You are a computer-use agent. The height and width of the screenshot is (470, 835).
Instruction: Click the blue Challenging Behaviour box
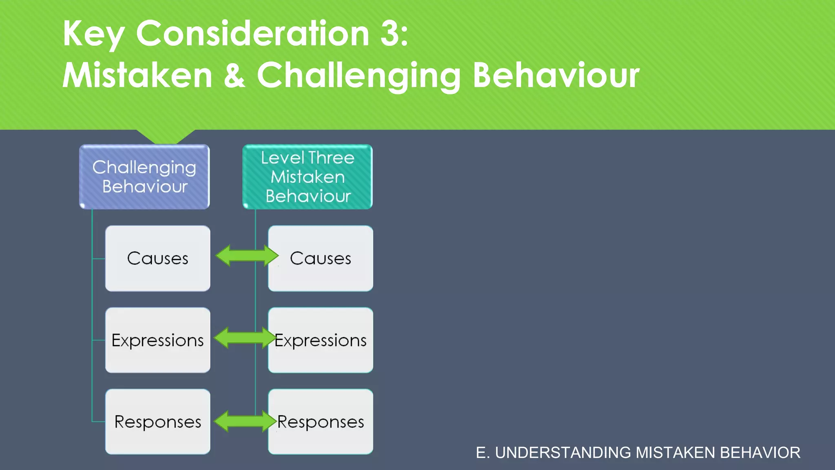(x=144, y=177)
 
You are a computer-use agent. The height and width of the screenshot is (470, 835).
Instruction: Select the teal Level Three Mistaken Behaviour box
(x=307, y=177)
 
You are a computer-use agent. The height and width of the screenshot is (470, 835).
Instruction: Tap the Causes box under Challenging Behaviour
(x=158, y=258)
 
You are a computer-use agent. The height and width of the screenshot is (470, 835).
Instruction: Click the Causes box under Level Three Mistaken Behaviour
(x=321, y=258)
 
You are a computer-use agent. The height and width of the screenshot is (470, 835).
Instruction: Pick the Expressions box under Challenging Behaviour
(x=158, y=340)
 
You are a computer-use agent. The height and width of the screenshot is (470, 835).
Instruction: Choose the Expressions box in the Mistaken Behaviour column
(x=321, y=340)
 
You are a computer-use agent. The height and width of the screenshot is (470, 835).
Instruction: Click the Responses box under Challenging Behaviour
(x=158, y=422)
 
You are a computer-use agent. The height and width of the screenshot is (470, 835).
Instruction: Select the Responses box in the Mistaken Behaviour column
(x=321, y=422)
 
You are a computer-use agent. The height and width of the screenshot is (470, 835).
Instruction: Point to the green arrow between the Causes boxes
(x=247, y=256)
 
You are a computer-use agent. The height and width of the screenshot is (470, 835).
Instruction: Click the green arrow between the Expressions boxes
(x=245, y=338)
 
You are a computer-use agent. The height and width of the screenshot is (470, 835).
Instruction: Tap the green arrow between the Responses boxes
(x=245, y=421)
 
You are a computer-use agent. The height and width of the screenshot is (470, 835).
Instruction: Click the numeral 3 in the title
(x=390, y=33)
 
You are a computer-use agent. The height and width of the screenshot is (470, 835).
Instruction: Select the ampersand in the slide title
(x=234, y=75)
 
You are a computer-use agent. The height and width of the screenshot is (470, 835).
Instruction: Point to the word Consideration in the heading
(x=252, y=33)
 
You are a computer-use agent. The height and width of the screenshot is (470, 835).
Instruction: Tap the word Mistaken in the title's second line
(x=137, y=75)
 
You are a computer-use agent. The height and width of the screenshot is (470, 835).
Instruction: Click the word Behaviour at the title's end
(x=556, y=75)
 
